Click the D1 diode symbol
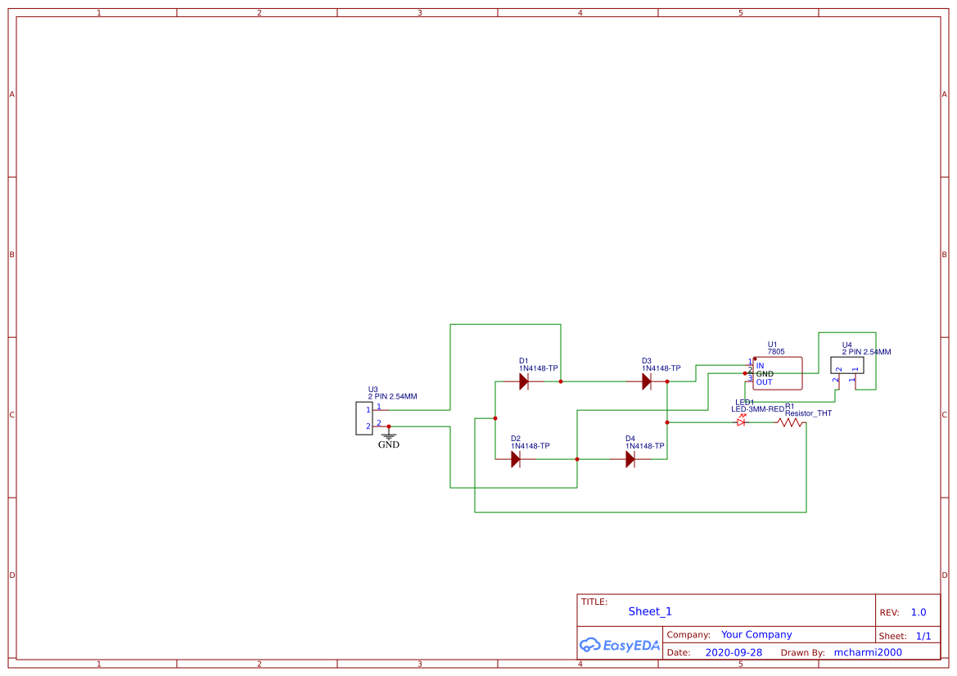point(524,381)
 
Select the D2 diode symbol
point(516,459)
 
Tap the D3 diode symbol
point(647,381)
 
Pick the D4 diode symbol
point(630,459)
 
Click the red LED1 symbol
point(742,421)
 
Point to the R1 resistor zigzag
point(792,422)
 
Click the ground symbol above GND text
point(389,435)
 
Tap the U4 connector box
point(847,365)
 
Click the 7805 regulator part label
point(776,352)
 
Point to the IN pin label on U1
point(760,366)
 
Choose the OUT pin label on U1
point(764,382)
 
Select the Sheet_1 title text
point(650,611)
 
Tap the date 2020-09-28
point(734,653)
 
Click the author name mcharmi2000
point(868,653)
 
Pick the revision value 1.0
point(919,612)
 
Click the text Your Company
point(756,634)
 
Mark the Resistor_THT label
point(808,413)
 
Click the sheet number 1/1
point(923,636)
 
